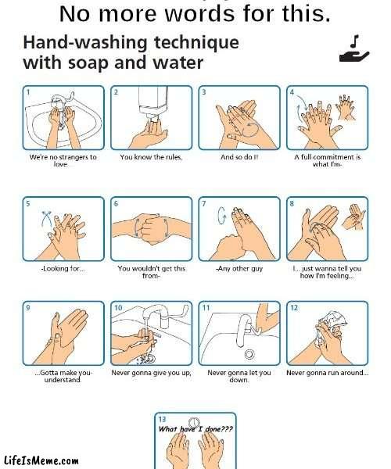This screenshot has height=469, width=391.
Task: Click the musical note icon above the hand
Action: pos(355,41)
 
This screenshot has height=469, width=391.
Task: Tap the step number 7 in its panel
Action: pos(204,204)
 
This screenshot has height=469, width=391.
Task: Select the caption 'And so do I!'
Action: pos(239,157)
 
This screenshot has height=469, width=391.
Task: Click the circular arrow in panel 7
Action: pos(221,215)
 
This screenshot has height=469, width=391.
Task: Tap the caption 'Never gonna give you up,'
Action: pos(151,373)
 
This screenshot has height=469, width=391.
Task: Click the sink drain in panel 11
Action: pos(249,354)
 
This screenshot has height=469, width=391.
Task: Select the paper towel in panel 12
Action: pos(334,320)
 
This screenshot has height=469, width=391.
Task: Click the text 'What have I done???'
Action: pos(195,429)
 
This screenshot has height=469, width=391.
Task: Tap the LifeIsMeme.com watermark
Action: pos(41,460)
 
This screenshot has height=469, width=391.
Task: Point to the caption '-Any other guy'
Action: pos(239,269)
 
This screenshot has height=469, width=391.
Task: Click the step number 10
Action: pos(118,308)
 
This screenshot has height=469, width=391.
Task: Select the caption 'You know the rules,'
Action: pos(151,157)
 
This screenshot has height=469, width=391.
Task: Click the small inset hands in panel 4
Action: pos(347,107)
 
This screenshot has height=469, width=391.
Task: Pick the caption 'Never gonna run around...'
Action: pos(328,373)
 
